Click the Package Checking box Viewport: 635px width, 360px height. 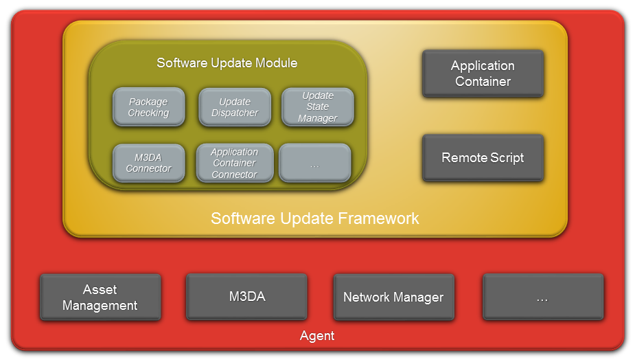149,107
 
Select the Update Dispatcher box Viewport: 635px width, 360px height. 235,107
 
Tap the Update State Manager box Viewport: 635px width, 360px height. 318,107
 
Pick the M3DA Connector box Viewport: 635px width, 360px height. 149,163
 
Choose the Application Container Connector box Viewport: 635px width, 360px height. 235,163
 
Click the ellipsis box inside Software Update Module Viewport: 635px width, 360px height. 315,163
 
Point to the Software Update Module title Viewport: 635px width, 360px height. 227,63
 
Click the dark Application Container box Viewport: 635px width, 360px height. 483,74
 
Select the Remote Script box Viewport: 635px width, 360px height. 483,158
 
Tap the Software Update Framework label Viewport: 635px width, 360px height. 314,218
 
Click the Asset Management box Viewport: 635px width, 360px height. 100,297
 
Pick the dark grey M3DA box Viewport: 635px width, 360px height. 246,297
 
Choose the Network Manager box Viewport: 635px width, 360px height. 393,297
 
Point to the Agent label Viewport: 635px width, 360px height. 317,336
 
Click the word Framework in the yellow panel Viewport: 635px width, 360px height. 378,218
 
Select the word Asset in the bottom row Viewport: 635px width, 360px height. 100,289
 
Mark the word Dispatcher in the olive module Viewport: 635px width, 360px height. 235,113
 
